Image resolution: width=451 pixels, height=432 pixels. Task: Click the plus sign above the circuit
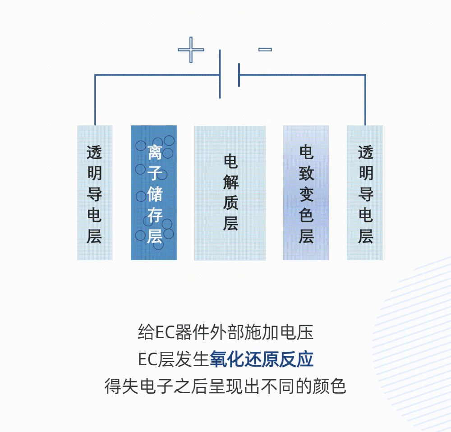click(191, 49)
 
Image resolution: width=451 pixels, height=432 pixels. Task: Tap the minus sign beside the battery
click(265, 49)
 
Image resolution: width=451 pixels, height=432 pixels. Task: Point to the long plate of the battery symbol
click(220, 74)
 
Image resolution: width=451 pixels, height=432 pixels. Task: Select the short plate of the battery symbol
click(239, 75)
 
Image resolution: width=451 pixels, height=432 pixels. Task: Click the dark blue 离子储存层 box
click(154, 193)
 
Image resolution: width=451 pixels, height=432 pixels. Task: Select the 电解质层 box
click(230, 193)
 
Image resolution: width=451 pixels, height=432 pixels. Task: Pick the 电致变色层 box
click(306, 193)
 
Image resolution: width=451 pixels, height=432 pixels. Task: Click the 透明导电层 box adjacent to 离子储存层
click(95, 193)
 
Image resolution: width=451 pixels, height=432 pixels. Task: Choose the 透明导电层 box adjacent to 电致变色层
click(365, 193)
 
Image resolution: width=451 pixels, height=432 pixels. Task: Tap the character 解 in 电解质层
click(230, 182)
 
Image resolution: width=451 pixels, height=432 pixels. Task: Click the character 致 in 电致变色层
click(306, 173)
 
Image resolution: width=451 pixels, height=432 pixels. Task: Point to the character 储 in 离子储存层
click(154, 194)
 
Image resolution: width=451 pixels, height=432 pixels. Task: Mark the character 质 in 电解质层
click(230, 203)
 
